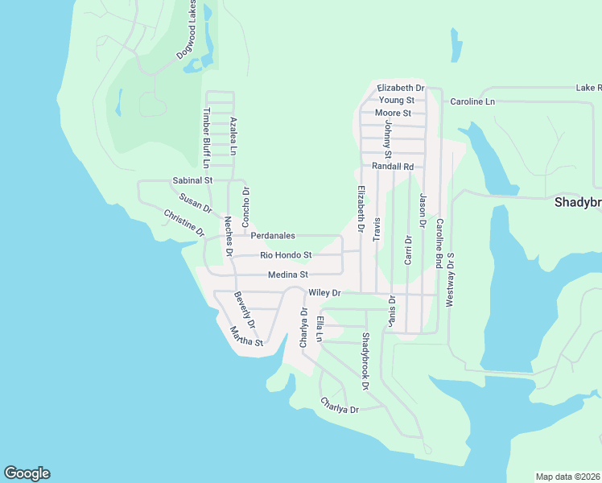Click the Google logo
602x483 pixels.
pos(27,473)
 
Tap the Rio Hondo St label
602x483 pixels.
pos(286,255)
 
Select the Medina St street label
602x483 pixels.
pos(288,275)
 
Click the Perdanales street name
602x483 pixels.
pos(273,236)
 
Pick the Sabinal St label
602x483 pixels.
pos(192,180)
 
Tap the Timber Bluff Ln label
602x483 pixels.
pos(206,138)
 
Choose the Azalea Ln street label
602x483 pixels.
pos(234,136)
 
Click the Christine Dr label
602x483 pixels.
pos(184,223)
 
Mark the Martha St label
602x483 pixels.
pos(246,336)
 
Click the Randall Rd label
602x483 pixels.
pos(392,167)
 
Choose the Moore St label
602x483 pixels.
pos(394,113)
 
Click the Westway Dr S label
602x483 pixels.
pos(451,279)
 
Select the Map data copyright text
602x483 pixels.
pos(567,477)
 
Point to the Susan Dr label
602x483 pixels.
pos(196,203)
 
